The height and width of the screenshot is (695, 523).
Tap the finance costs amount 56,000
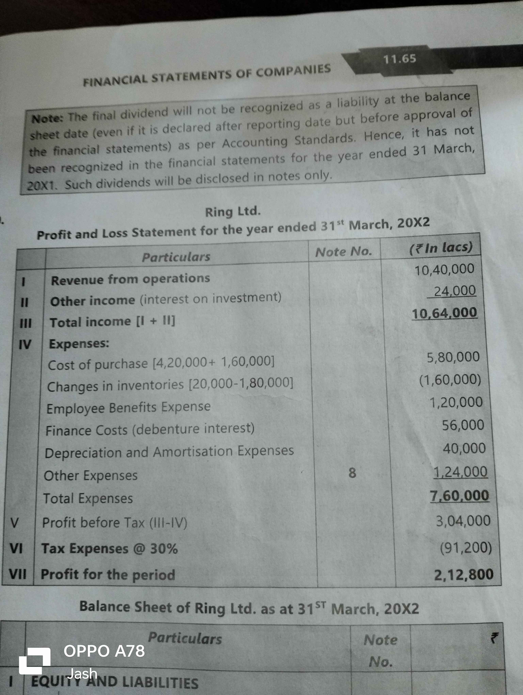coord(463,425)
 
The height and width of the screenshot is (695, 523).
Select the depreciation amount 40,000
coord(464,448)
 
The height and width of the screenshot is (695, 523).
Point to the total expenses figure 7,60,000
coord(459,496)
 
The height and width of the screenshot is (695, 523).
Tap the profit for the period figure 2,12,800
coord(464,575)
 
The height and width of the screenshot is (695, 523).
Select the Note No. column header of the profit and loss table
coord(343,252)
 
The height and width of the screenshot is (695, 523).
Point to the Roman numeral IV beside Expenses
coord(25,345)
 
